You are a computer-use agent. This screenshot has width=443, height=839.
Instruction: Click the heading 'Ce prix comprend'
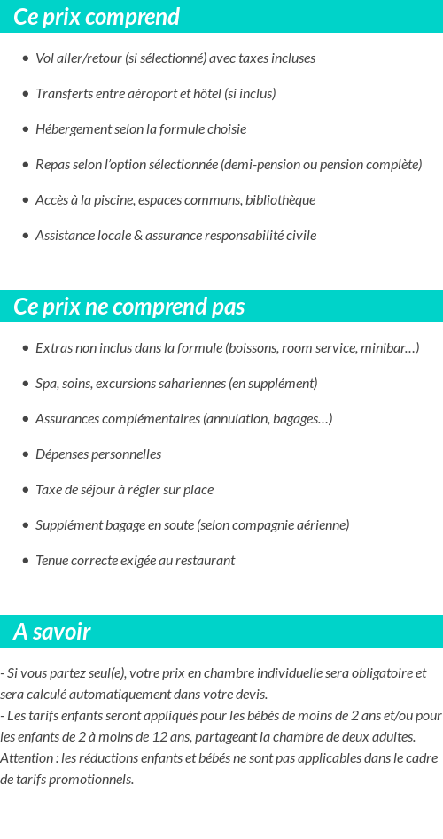pos(97,17)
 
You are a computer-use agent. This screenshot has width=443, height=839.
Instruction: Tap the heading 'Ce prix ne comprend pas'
pos(129,307)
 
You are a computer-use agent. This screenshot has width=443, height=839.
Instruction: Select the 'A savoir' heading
pos(52,632)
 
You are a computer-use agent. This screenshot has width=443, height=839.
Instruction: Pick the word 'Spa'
pos(46,384)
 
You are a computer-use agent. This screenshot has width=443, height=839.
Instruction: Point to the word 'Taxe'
pos(49,490)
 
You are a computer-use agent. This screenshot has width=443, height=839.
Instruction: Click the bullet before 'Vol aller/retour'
pos(26,58)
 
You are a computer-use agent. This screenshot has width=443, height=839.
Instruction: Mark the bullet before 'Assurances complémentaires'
pos(26,419)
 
